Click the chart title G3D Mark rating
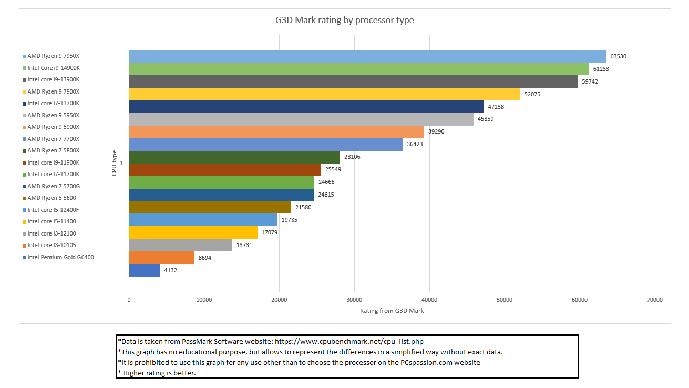(345, 21)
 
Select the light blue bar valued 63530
(367, 56)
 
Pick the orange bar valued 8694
(161, 258)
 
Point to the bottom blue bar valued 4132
(145, 270)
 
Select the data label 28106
(352, 157)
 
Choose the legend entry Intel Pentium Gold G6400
(60, 257)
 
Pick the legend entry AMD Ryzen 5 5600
(51, 198)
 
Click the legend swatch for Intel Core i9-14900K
(24, 68)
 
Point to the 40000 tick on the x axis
(429, 300)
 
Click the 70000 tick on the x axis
(655, 300)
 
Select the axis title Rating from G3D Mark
(392, 311)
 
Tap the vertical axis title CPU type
(114, 163)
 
